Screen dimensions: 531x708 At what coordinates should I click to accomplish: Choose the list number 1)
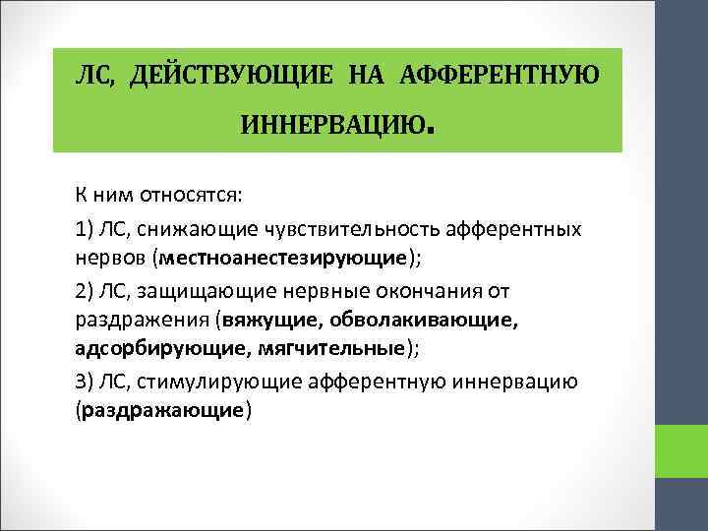[84, 229]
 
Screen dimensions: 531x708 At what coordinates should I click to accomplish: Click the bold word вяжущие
[271, 320]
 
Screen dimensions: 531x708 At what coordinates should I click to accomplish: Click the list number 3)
[84, 381]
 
